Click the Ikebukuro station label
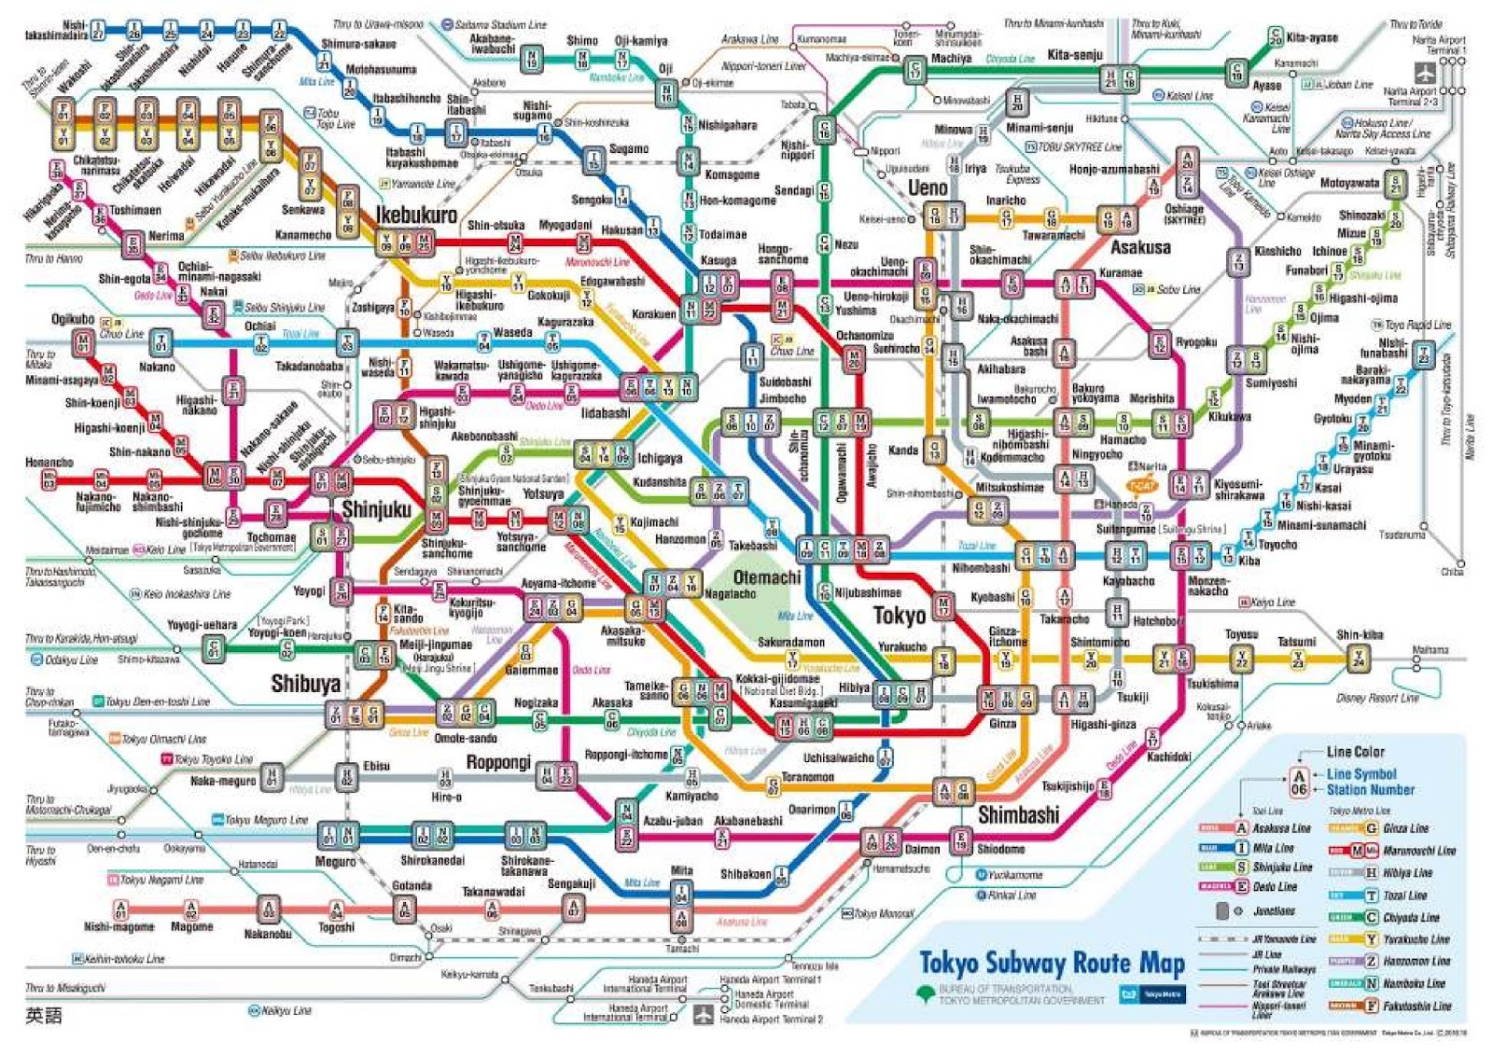coord(416,215)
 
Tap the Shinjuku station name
coord(376,509)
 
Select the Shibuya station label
coord(305,684)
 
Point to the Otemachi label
coord(766,577)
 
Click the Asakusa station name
coord(1140,248)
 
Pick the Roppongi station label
coord(498,762)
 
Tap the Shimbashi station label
coord(1018,815)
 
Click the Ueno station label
coord(928,188)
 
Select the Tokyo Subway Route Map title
coord(1052,963)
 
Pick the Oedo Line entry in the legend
coord(1275,887)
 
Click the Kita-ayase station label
coord(1311,38)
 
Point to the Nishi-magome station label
coord(119,927)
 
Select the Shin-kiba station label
coord(1360,635)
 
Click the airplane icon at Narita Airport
coord(1425,72)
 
